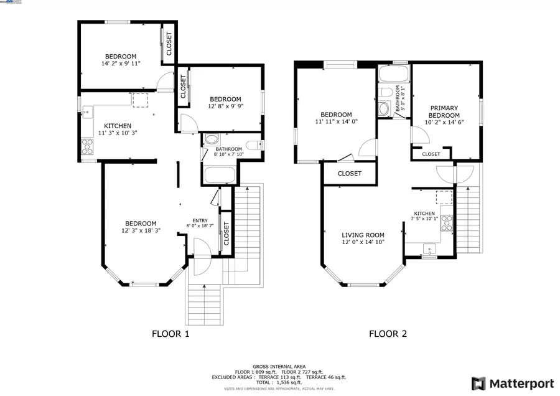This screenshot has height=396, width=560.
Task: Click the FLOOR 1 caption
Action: pos(170,334)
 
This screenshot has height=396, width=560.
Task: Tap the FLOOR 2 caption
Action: pos(388,334)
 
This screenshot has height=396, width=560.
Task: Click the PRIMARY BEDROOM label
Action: pos(444,112)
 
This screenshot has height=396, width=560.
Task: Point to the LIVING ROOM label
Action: pos(363,235)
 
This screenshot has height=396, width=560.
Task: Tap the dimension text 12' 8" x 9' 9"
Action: pos(225,106)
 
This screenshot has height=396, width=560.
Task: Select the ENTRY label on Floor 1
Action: pos(200,220)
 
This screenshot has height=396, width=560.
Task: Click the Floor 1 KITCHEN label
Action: pos(117,126)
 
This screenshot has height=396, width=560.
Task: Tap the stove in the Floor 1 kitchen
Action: pos(87,148)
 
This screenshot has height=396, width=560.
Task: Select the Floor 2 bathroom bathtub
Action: pos(393,75)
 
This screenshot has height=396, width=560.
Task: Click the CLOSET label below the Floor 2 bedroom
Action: pos(349,174)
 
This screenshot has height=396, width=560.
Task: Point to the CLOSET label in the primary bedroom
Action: pos(431,154)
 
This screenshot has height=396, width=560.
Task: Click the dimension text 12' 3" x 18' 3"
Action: pos(140,230)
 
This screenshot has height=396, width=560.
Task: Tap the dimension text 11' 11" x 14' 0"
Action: pos(336,122)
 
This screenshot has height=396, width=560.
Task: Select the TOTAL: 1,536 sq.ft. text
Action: pos(279,382)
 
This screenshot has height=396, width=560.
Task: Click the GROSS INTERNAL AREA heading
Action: pos(279,366)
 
